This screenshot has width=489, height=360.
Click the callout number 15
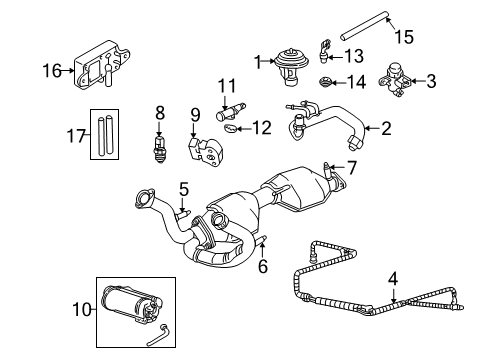(404, 37)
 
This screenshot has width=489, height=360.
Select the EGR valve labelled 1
(291, 67)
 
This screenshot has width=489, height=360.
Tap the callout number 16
(52, 71)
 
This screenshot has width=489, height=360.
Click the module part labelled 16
(101, 65)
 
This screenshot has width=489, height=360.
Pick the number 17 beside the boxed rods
(77, 136)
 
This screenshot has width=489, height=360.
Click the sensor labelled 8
(159, 148)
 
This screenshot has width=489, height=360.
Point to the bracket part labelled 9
(206, 152)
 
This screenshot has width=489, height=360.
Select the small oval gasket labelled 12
(230, 128)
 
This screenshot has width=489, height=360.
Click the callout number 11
(227, 86)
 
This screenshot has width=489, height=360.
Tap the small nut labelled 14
(325, 82)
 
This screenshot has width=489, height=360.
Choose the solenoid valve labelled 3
(395, 80)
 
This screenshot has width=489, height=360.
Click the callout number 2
(386, 128)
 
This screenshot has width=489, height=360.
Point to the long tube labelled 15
(365, 26)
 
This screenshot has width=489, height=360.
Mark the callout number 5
(184, 189)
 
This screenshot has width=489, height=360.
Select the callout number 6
(263, 266)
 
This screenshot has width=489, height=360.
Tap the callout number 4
(394, 279)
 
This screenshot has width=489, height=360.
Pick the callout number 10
(82, 310)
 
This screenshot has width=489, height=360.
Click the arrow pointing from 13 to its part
(335, 57)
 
